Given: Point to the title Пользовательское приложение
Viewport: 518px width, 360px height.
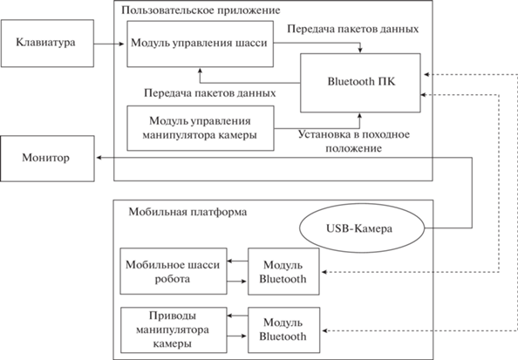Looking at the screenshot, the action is pyautogui.click(x=201, y=10).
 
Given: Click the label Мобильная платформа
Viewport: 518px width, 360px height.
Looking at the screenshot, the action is pyautogui.click(x=187, y=212).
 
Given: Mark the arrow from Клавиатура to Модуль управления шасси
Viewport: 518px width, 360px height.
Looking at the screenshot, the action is pyautogui.click(x=109, y=44).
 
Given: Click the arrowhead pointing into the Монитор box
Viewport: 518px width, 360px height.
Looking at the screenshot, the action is pyautogui.click(x=99, y=158).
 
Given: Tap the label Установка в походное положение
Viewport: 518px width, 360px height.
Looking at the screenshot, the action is pyautogui.click(x=354, y=141).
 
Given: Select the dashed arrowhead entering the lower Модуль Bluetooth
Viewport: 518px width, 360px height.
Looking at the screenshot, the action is pyautogui.click(x=324, y=330).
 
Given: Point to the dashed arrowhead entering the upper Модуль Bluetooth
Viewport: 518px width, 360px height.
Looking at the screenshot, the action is pyautogui.click(x=324, y=272).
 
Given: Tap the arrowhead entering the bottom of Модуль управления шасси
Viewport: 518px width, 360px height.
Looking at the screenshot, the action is pyautogui.click(x=200, y=71).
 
